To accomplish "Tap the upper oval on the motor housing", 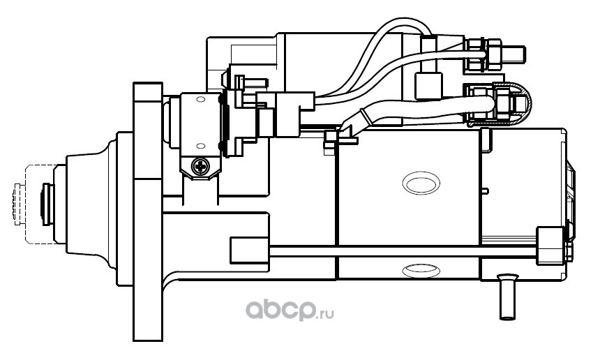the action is coord(421,183).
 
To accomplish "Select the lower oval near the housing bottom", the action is coord(421,268).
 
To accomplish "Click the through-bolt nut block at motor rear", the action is coord(549,246).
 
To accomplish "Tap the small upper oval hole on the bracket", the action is coord(201,101).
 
